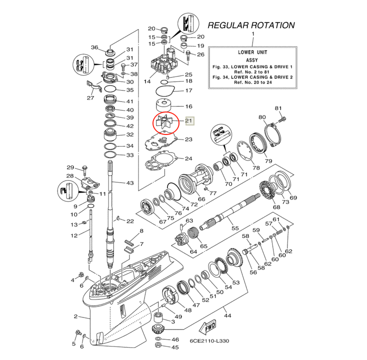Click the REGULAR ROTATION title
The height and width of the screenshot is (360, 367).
pyautogui.click(x=251, y=25)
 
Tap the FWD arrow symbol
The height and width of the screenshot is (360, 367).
pyautogui.click(x=207, y=328)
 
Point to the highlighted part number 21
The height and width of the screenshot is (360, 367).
pyautogui.click(x=188, y=120)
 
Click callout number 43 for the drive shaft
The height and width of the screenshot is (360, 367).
pyautogui.click(x=129, y=183)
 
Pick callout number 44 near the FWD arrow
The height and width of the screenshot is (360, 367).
pyautogui.click(x=227, y=316)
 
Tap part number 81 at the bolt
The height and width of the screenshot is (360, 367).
pyautogui.click(x=278, y=108)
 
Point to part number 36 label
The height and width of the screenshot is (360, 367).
pyautogui.click(x=94, y=47)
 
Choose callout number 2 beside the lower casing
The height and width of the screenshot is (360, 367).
pyautogui.click(x=75, y=316)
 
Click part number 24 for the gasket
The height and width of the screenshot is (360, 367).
pyautogui.click(x=188, y=159)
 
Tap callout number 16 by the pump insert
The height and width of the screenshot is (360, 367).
pyautogui.click(x=188, y=106)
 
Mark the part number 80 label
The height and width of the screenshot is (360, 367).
pyautogui.click(x=262, y=117)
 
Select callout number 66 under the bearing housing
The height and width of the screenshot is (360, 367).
pyautogui.click(x=201, y=199)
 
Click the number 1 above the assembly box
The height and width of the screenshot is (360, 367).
pyautogui.click(x=252, y=34)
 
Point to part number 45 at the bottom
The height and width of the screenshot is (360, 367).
pyautogui.click(x=175, y=347)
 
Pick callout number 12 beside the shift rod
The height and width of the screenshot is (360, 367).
pyautogui.click(x=74, y=235)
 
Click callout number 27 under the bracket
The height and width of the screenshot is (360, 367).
pyautogui.click(x=90, y=98)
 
